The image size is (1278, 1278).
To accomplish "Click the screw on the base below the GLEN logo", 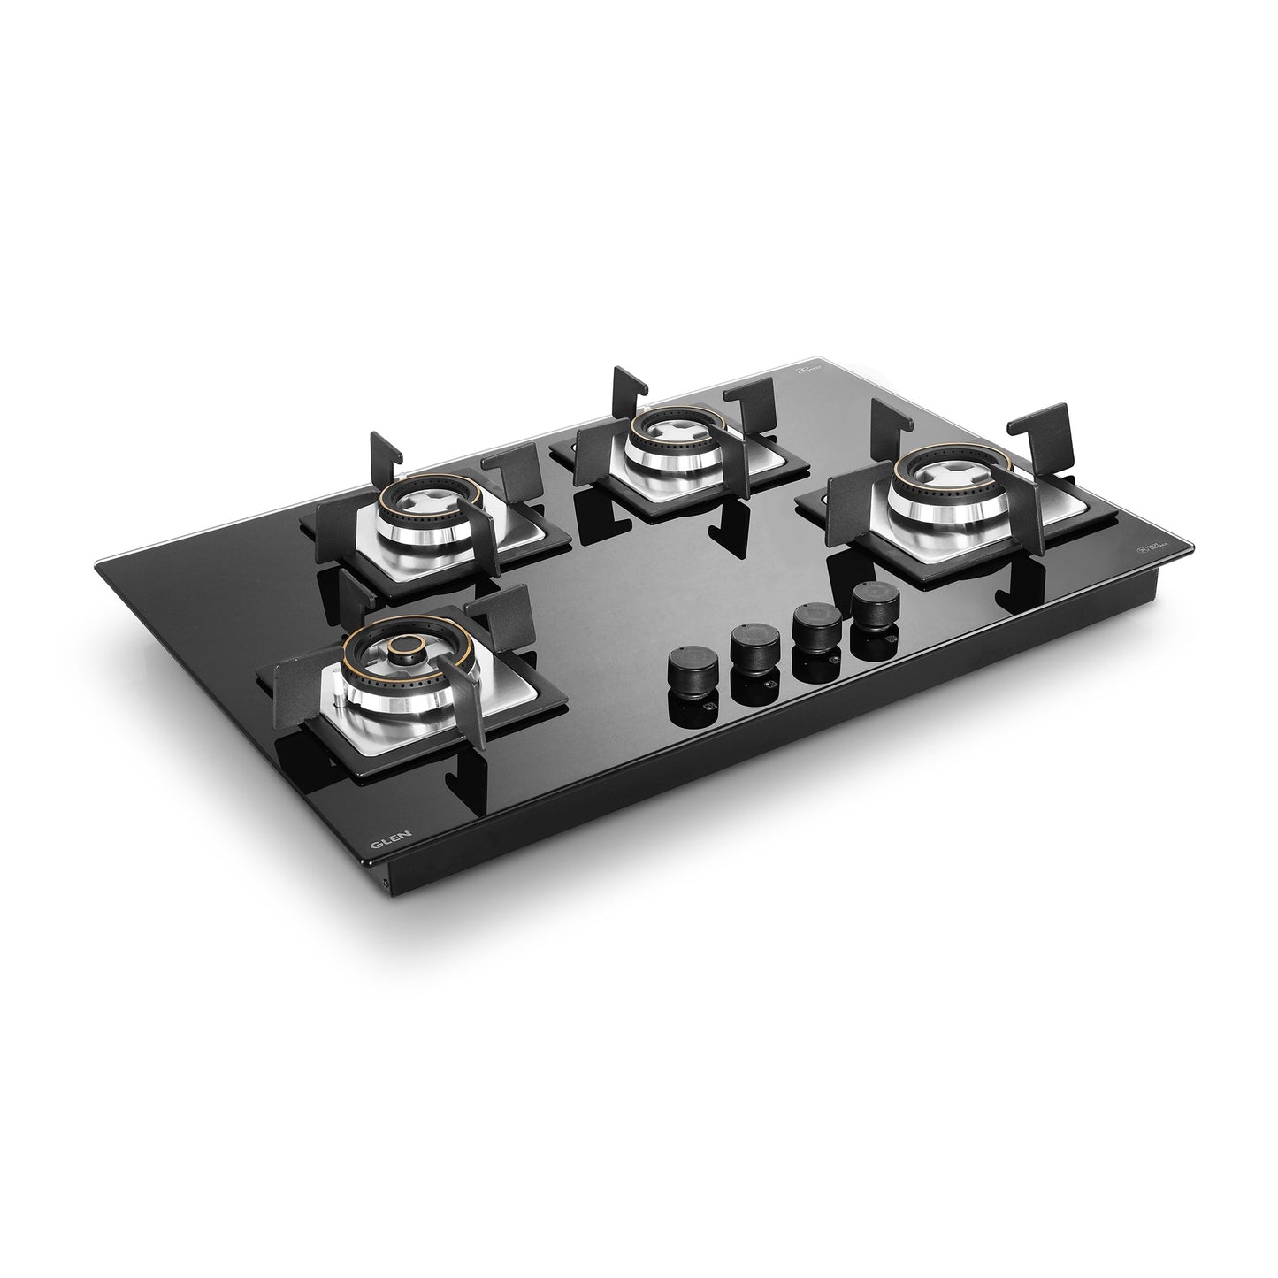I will tap(386, 884).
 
